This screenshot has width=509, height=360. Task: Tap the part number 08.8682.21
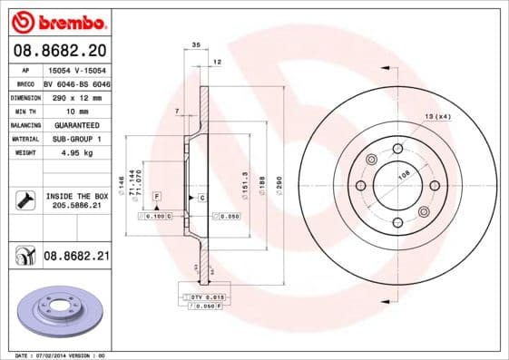click(x=76, y=258)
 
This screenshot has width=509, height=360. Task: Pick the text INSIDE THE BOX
click(x=76, y=196)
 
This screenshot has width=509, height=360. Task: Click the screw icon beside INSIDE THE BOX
click(x=24, y=200)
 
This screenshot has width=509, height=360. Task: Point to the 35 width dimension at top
click(x=195, y=44)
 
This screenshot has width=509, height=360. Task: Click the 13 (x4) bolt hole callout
click(x=438, y=116)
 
